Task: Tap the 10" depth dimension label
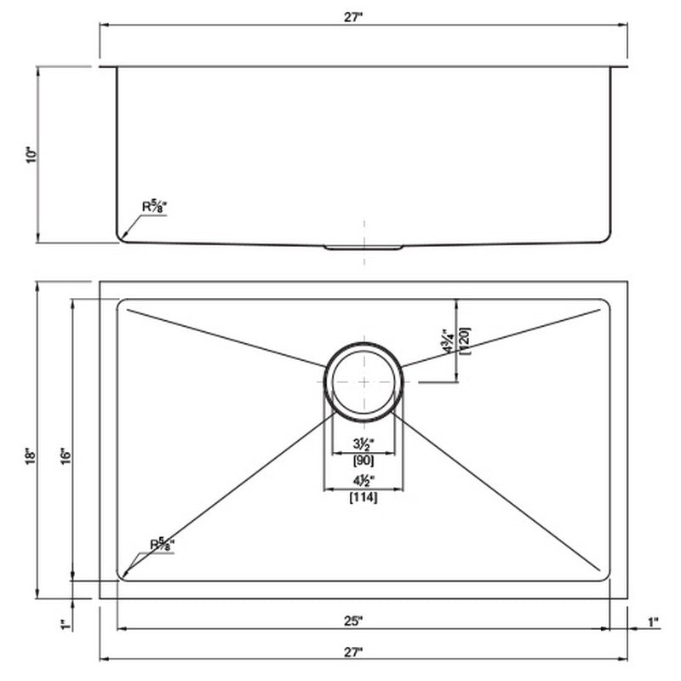[x=31, y=155]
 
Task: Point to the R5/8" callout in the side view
[x=154, y=206]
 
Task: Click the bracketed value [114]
[x=363, y=498]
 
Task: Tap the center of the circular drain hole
[x=364, y=382]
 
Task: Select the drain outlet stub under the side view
[x=363, y=248]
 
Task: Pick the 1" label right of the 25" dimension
[x=653, y=622]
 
